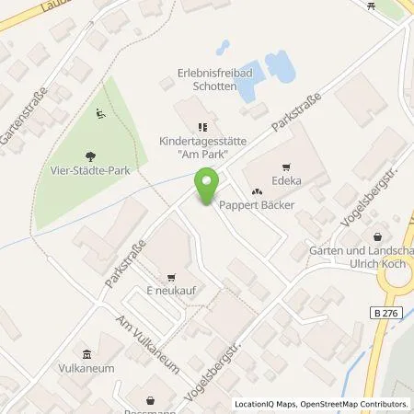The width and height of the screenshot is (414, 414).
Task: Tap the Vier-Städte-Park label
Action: [89, 171]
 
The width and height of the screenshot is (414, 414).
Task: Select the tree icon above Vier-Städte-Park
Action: [89, 156]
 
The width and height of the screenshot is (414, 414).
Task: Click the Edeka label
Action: [285, 182]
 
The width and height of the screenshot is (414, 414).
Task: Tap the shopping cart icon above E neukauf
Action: [171, 275]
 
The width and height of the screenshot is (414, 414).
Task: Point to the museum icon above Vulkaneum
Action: [86, 355]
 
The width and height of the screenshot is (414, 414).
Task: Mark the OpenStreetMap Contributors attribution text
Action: [357, 404]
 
